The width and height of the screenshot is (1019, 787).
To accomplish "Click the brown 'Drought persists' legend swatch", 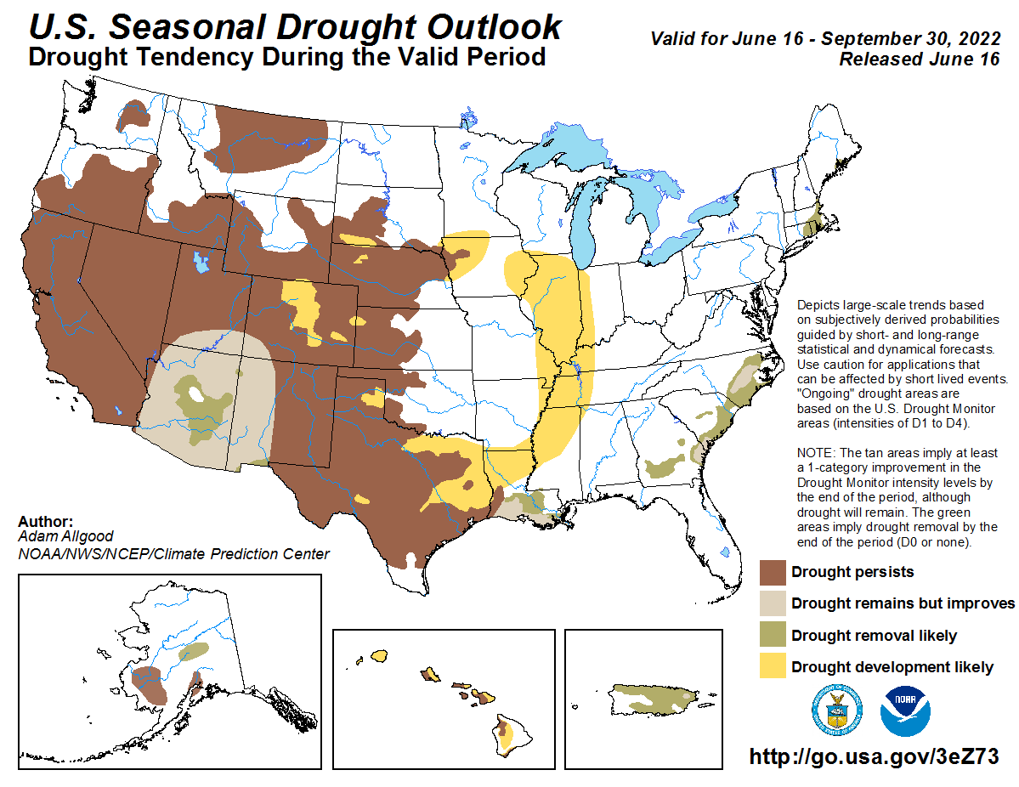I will tap(773, 572).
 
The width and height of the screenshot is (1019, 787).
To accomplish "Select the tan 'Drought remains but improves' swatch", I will tap(773, 603).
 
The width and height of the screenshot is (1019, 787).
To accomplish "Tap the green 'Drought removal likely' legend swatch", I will tap(773, 636).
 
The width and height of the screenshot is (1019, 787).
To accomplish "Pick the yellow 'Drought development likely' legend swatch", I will tap(773, 667).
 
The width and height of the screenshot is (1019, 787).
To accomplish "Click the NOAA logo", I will tap(906, 711).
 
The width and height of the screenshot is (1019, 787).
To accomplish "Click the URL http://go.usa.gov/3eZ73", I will tap(874, 756).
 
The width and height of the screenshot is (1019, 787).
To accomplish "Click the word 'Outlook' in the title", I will tap(493, 27).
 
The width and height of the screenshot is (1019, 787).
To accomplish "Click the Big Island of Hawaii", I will tap(507, 735).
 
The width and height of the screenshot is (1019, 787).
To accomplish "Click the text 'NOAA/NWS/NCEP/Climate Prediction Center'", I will tap(173, 554).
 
